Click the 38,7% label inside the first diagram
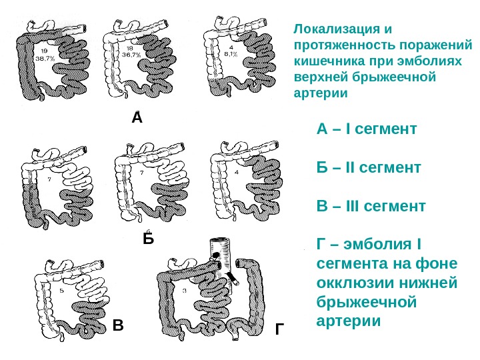(x=45, y=58)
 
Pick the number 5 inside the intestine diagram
(x=61, y=291)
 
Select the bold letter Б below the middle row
(x=148, y=238)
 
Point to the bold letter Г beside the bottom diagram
(x=279, y=329)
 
